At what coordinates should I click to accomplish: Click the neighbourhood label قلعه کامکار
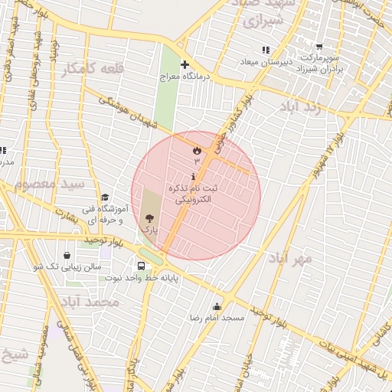coord(93,69)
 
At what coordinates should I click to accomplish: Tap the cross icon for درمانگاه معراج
coord(184,64)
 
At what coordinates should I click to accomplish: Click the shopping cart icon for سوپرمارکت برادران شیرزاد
coord(319,47)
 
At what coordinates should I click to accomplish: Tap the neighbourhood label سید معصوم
coord(49,185)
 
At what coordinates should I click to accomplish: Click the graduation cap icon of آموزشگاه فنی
coord(105,198)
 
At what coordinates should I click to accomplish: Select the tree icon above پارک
coord(149,219)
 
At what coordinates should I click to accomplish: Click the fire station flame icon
coord(197,150)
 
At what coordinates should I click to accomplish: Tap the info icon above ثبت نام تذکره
coord(193,177)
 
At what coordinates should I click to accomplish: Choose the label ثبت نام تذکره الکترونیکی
coord(192,193)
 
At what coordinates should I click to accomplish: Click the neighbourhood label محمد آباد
coord(93,302)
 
